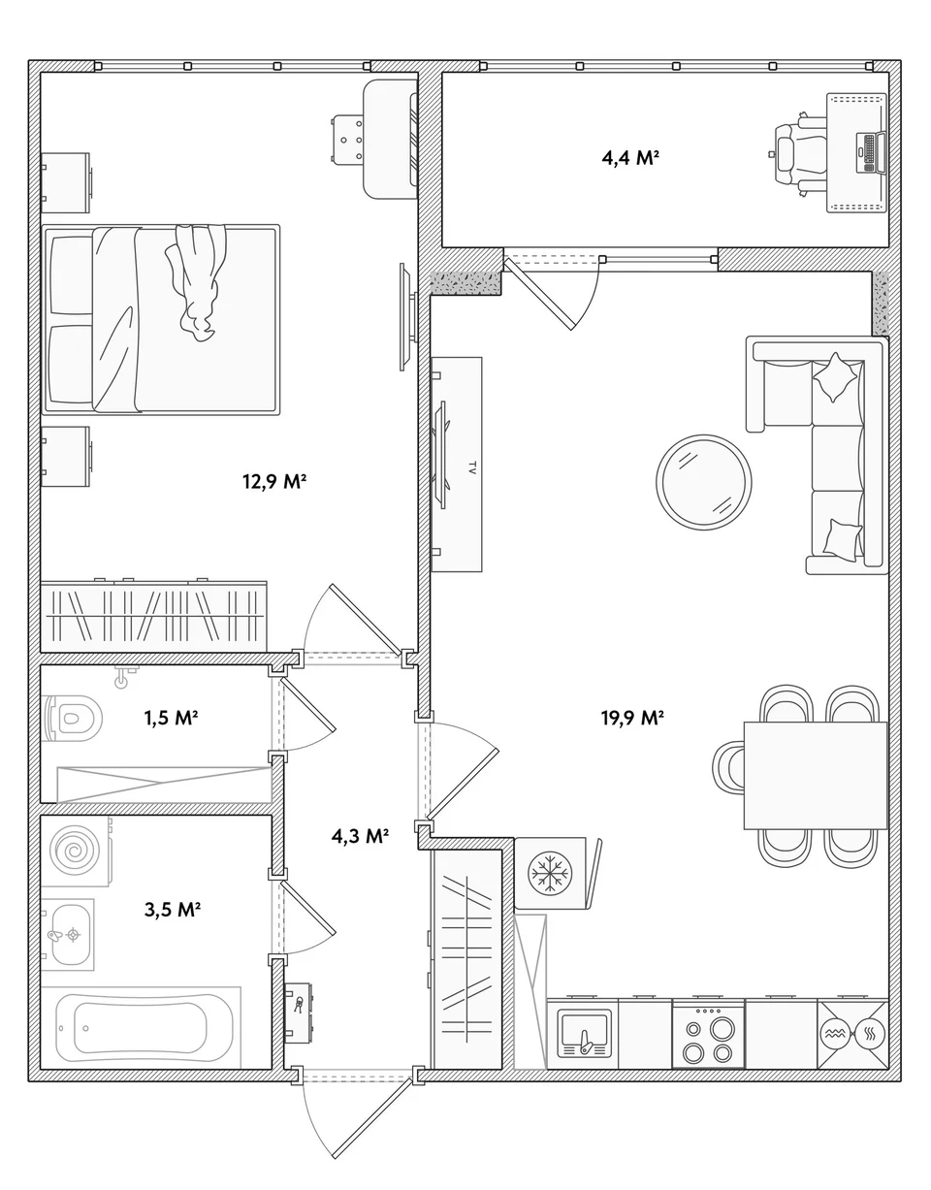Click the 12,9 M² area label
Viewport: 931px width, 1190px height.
(273, 482)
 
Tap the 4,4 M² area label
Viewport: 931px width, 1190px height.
(630, 158)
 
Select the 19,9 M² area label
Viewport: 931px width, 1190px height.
(632, 717)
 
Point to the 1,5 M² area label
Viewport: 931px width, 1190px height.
(171, 717)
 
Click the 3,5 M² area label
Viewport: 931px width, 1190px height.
(173, 909)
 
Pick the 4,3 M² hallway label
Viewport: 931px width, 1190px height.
(360, 836)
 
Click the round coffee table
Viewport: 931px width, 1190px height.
(704, 482)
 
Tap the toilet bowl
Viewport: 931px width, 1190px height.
(72, 718)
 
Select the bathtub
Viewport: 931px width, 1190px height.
(131, 1028)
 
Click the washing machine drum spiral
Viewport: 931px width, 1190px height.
(75, 851)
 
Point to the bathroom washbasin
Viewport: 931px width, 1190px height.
(68, 934)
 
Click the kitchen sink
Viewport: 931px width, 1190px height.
(584, 1034)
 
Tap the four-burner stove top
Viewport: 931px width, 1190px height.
(708, 1034)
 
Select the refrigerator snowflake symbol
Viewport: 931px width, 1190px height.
(550, 873)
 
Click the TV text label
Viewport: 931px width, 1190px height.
(471, 467)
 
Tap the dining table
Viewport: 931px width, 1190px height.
(816, 776)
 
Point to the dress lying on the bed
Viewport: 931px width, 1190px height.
(196, 282)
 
